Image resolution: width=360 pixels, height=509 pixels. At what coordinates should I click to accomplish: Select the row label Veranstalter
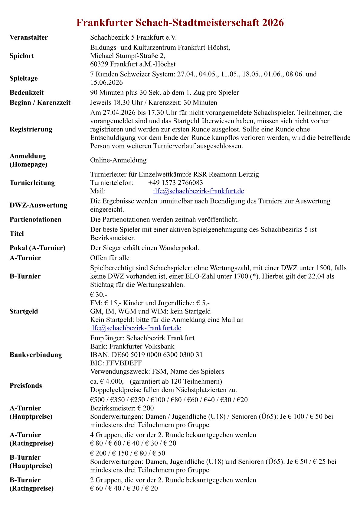click(x=29, y=37)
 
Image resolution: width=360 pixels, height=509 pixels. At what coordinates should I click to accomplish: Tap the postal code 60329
click(x=99, y=64)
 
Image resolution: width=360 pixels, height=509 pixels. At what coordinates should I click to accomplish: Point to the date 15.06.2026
click(x=106, y=83)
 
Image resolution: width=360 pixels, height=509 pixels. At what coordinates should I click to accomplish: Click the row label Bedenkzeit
click(x=27, y=92)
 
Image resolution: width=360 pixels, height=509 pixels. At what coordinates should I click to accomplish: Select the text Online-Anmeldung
click(x=118, y=160)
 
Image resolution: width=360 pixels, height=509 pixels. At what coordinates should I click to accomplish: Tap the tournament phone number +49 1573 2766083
click(x=175, y=183)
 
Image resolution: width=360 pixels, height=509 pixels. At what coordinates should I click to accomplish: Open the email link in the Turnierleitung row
click(x=198, y=191)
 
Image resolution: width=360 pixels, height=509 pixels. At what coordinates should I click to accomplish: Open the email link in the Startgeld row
click(x=136, y=328)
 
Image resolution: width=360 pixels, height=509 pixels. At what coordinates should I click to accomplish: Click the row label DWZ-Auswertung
click(x=38, y=205)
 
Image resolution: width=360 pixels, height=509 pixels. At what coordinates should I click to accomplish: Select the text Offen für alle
click(x=110, y=258)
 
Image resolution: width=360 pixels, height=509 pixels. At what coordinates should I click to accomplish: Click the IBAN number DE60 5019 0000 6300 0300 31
click(x=157, y=355)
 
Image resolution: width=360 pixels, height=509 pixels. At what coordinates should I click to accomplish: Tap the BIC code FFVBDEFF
click(x=124, y=363)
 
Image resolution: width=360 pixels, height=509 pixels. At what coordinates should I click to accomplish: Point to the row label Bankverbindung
click(x=36, y=355)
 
